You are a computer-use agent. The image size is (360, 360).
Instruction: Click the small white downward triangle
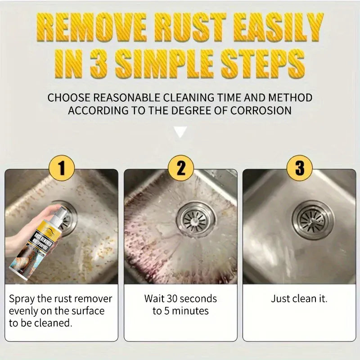(180, 132)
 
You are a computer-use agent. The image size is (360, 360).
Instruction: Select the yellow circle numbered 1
(62, 169)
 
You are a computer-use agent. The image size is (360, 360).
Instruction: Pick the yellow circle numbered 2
(180, 169)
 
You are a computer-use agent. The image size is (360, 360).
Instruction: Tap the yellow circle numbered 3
(299, 169)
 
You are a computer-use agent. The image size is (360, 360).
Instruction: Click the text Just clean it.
(299, 298)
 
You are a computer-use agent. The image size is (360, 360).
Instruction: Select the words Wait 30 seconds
(180, 298)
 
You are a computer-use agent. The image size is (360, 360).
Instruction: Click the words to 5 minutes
(180, 311)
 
